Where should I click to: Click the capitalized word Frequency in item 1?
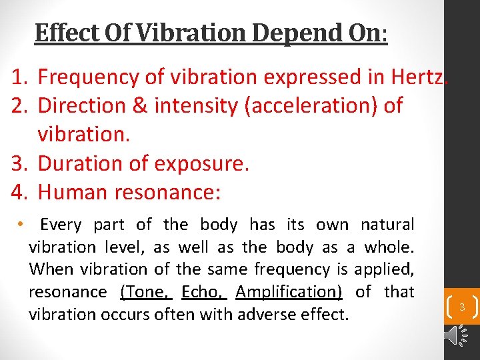pos(89,77)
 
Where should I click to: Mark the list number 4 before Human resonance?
pos(18,193)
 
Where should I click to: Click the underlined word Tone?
pos(146,292)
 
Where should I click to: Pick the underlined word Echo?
pos(204,292)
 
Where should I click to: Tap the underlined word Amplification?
pos(289,292)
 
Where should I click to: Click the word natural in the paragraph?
pos(387,225)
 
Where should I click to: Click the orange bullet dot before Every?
pos(22,223)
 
